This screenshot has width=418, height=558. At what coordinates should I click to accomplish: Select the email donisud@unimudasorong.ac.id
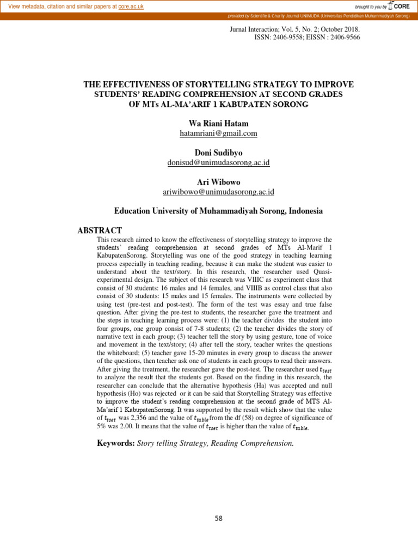(x=218, y=162)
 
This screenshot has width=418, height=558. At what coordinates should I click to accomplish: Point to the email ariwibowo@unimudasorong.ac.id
(x=218, y=192)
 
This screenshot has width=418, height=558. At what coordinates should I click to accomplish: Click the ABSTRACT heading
(x=100, y=231)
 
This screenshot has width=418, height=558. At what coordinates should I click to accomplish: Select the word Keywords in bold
(x=116, y=443)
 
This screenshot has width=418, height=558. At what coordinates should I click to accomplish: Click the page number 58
(x=218, y=518)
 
